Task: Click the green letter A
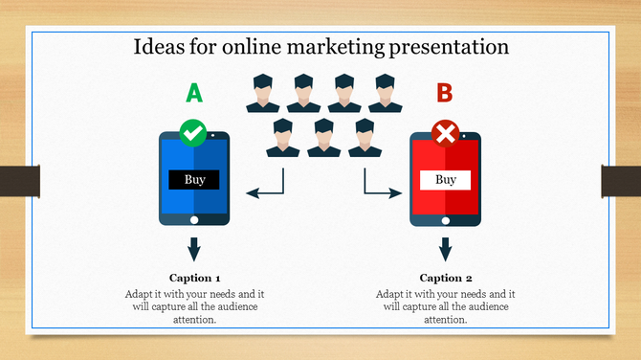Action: tap(194, 93)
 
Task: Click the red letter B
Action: tap(445, 93)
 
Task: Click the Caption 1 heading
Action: tap(194, 278)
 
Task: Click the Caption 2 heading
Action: tap(445, 278)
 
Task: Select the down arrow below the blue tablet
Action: tap(194, 249)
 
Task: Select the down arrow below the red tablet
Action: tap(445, 249)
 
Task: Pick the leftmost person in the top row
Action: tap(262, 92)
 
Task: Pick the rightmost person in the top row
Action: tap(385, 92)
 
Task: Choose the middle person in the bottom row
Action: tap(323, 138)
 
